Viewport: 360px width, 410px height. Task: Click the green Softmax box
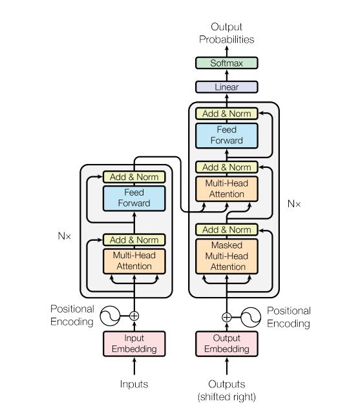click(x=227, y=63)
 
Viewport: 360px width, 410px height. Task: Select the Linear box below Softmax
click(x=227, y=87)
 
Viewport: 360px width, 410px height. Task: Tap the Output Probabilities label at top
click(x=227, y=33)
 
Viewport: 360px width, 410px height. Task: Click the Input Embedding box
click(x=134, y=343)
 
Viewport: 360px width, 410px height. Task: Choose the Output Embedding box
click(x=227, y=343)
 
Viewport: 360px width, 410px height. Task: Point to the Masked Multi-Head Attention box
click(x=227, y=256)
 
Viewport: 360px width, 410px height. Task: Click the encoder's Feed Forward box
click(x=134, y=198)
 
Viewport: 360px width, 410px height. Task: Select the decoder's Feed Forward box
click(x=227, y=135)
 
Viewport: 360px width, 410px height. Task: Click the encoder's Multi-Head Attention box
click(x=134, y=261)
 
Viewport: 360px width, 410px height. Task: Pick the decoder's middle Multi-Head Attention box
click(x=227, y=189)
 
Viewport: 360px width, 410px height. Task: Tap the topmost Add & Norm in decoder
click(x=227, y=114)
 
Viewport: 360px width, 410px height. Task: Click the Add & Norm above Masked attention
click(x=227, y=230)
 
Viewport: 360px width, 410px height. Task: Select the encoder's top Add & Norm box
click(x=134, y=177)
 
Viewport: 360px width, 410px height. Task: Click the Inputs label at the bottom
click(x=134, y=384)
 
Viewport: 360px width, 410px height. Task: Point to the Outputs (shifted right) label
click(x=227, y=390)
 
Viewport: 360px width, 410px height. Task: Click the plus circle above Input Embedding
click(x=134, y=316)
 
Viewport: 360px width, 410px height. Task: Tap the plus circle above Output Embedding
click(x=227, y=317)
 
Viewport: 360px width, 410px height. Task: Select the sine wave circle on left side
click(x=109, y=316)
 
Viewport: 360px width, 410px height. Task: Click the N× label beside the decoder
click(x=294, y=203)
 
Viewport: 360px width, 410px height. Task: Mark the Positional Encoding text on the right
click(x=288, y=317)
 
